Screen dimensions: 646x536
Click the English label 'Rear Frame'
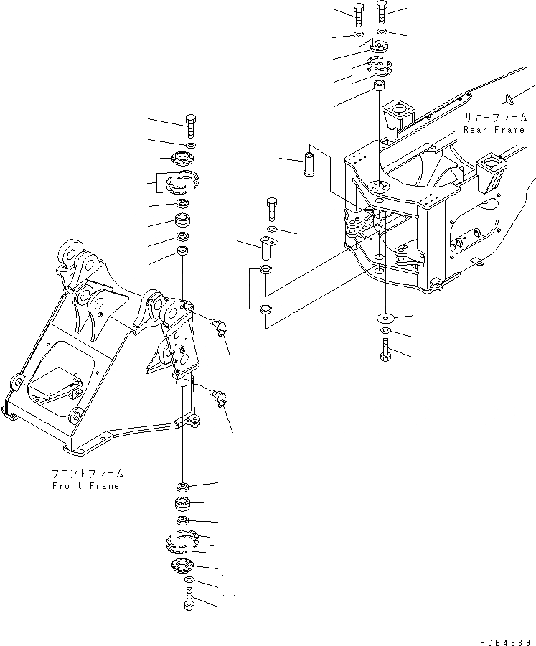[x=494, y=130]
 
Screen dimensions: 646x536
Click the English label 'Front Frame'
[x=85, y=486]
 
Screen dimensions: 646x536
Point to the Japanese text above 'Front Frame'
[x=86, y=474]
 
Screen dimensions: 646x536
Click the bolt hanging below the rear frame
[x=386, y=351]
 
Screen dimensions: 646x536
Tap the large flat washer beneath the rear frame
[x=386, y=317]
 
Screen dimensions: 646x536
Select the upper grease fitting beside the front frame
[x=218, y=327]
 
